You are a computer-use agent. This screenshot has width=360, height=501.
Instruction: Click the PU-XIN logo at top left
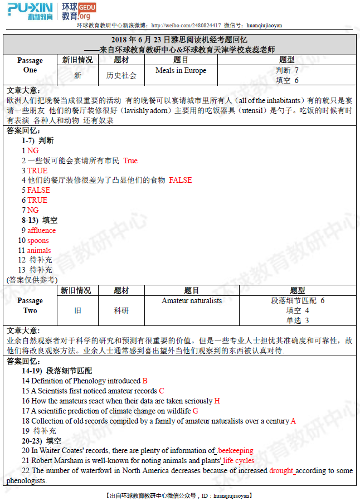[31, 11]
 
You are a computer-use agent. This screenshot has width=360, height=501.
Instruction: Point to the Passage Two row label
[30, 305]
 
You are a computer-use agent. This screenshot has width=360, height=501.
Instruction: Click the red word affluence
[42, 231]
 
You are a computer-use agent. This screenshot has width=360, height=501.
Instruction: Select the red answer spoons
[38, 241]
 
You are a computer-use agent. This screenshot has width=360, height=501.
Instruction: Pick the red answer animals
[39, 251]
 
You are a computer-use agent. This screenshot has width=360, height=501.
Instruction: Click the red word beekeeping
[235, 450]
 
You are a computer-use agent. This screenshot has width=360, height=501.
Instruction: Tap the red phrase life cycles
[239, 460]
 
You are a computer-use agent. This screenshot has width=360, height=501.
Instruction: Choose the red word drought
[281, 470]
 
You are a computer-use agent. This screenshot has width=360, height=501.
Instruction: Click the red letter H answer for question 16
[217, 401]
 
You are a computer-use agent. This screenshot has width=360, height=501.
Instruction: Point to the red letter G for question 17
[195, 411]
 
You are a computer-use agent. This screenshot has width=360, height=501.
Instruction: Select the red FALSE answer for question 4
[180, 180]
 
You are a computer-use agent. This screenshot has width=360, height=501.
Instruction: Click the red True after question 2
[130, 160]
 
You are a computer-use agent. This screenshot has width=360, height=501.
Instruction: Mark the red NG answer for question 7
[33, 210]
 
